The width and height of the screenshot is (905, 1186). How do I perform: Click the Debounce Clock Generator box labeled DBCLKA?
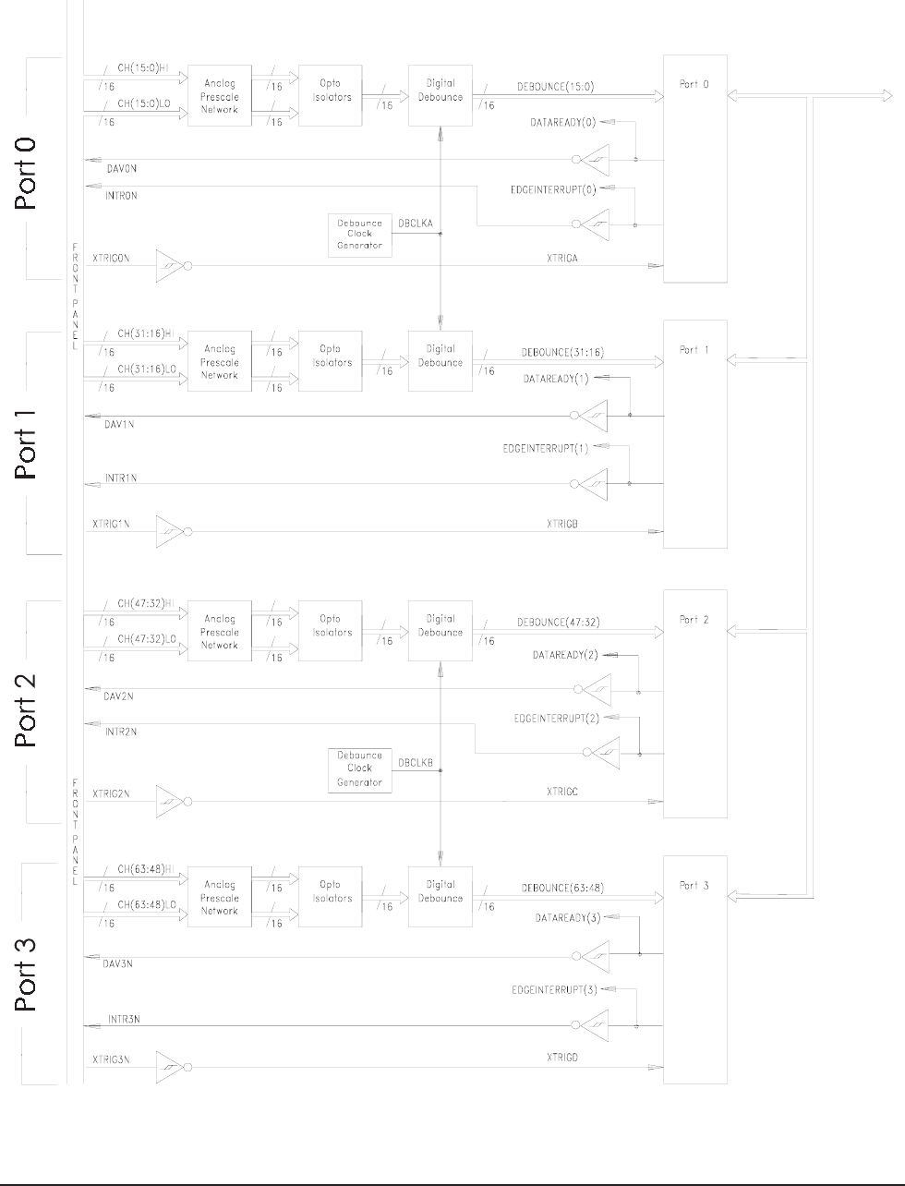(359, 235)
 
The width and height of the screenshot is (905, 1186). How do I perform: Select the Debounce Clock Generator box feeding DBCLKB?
(359, 769)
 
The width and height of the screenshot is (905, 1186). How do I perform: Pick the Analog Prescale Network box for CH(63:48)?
(220, 898)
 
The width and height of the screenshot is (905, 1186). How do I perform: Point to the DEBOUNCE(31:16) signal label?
(562, 353)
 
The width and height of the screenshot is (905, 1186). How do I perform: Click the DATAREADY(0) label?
(563, 122)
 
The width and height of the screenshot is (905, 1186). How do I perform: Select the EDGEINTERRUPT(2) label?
(556, 718)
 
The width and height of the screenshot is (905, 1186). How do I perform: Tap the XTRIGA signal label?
(561, 259)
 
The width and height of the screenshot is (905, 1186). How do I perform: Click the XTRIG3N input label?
(111, 1059)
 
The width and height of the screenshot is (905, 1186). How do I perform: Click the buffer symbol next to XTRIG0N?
(172, 266)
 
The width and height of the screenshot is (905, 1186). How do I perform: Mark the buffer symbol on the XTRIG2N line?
(172, 801)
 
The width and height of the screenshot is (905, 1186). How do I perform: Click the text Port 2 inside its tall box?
(694, 620)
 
